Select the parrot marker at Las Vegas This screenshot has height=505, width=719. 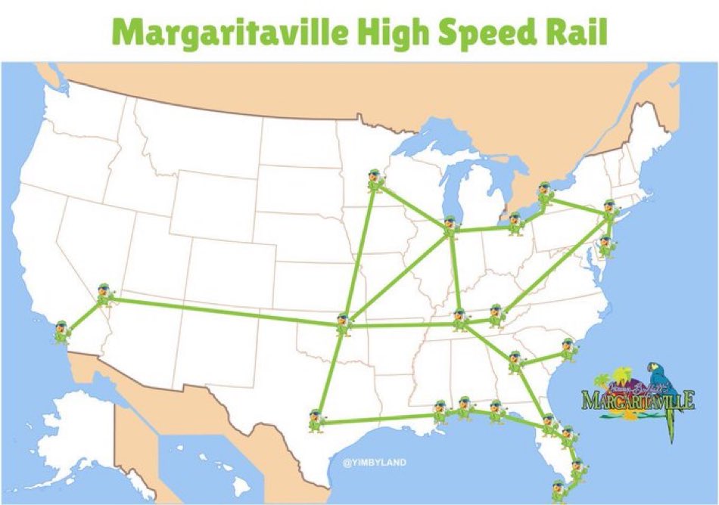[x=103, y=293]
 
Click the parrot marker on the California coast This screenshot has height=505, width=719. [x=60, y=330]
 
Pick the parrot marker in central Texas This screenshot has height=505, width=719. [x=316, y=420]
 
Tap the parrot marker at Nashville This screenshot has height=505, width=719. [x=460, y=320]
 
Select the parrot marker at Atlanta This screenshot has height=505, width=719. [x=516, y=362]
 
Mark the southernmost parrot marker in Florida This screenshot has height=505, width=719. [x=558, y=490]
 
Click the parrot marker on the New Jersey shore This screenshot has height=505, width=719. [x=606, y=246]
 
